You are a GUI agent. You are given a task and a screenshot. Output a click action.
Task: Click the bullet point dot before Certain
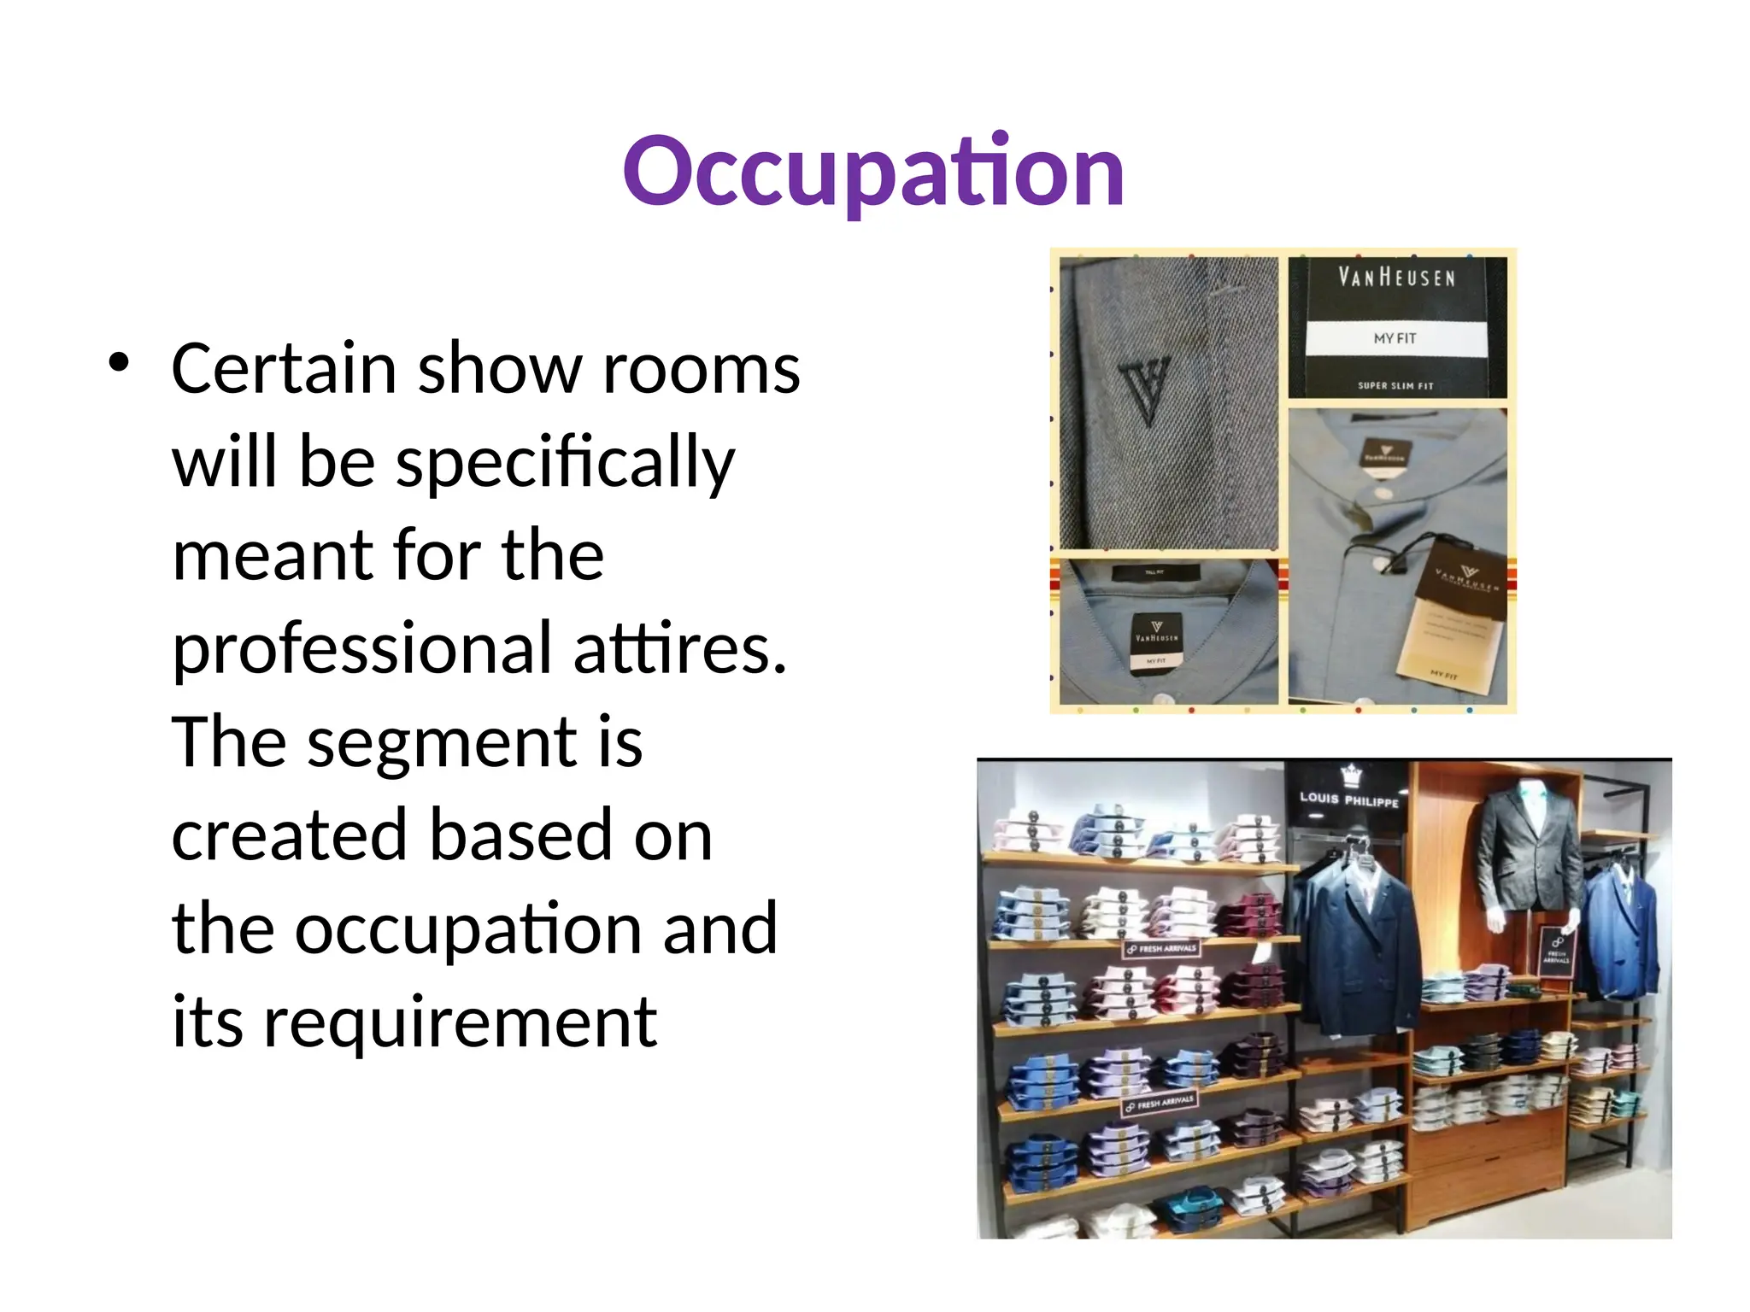[119, 362]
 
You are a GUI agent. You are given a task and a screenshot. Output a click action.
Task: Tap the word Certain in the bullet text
[283, 369]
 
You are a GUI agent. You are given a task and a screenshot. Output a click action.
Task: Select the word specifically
[564, 462]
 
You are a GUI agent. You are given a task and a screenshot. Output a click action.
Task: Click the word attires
[678, 648]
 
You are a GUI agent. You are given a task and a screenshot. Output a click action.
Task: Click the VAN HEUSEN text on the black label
[1396, 278]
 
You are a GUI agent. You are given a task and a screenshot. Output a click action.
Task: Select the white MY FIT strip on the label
[1396, 338]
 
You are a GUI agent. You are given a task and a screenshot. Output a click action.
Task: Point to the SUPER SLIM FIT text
[1396, 386]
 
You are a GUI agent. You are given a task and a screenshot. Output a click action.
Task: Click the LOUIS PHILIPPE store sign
[1349, 799]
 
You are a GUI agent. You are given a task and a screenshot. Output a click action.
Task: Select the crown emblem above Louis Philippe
[1351, 775]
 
